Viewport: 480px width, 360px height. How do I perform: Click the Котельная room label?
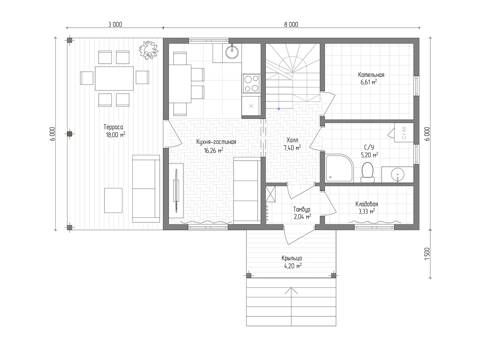pyautogui.click(x=371, y=75)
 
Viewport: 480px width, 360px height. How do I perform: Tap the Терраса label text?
pyautogui.click(x=113, y=127)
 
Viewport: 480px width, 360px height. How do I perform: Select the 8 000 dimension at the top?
pyautogui.click(x=291, y=24)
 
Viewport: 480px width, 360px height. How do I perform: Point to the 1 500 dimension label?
pyautogui.click(x=427, y=254)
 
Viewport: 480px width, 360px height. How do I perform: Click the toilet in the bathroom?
pyautogui.click(x=367, y=172)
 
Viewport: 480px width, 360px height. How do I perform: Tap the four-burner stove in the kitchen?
pyautogui.click(x=251, y=83)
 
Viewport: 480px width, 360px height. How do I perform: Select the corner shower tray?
pyautogui.click(x=340, y=168)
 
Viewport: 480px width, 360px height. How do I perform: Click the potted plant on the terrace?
pyautogui.click(x=149, y=50)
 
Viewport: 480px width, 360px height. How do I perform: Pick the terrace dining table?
pyautogui.click(x=114, y=78)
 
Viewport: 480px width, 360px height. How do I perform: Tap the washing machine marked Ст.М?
pyautogui.click(x=404, y=132)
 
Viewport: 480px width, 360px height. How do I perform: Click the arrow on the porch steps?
pyautogui.click(x=291, y=306)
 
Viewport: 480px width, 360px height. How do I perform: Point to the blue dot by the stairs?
pyautogui.click(x=279, y=109)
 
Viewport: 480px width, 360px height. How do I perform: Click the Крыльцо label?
pyautogui.click(x=292, y=258)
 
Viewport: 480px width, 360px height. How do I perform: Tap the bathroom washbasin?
pyautogui.click(x=398, y=175)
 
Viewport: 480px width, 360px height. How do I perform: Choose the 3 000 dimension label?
pyautogui.click(x=115, y=24)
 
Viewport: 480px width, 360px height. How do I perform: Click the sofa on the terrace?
pyautogui.click(x=146, y=189)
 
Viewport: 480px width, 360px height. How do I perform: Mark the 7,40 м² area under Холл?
pyautogui.click(x=292, y=148)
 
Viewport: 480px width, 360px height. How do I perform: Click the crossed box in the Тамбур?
pyautogui.click(x=271, y=194)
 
